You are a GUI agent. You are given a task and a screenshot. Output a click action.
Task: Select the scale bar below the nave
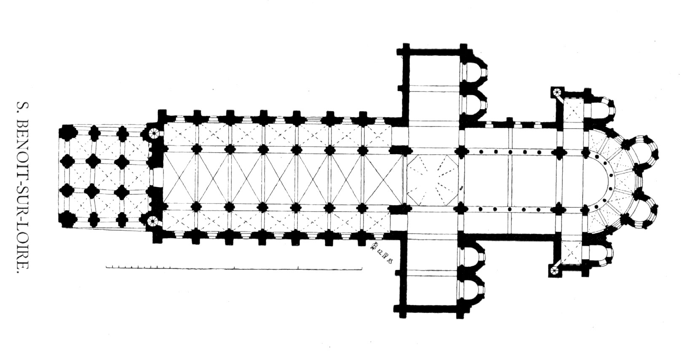[233, 267]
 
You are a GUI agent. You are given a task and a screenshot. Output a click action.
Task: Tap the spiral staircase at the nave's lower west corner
[153, 220]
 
